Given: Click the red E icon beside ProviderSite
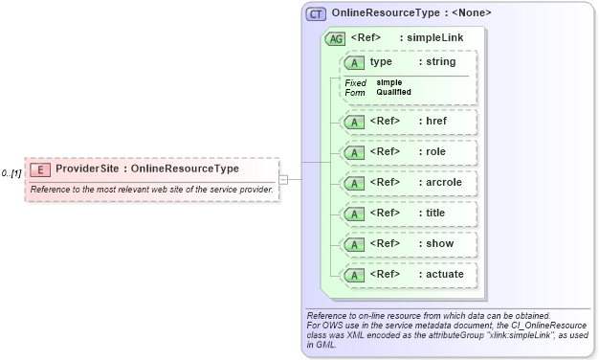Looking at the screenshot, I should tap(40, 169).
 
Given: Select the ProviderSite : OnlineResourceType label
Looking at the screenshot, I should tap(147, 169).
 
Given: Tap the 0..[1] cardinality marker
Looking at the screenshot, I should tap(11, 173).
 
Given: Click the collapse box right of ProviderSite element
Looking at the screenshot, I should tap(283, 179).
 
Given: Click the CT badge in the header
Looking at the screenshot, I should tap(316, 14).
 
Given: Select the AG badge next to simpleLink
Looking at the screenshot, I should tap(336, 39).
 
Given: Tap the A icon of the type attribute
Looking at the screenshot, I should tap(355, 62).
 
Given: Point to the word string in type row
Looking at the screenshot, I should tap(440, 62).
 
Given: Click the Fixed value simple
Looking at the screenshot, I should tap(388, 82).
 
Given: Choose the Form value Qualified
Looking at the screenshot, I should tap(393, 92).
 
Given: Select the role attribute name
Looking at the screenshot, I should tap(432, 152).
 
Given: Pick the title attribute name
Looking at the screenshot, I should tap(433, 213).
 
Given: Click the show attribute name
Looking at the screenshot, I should tap(436, 243).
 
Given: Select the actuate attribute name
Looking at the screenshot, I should tap(441, 275).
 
